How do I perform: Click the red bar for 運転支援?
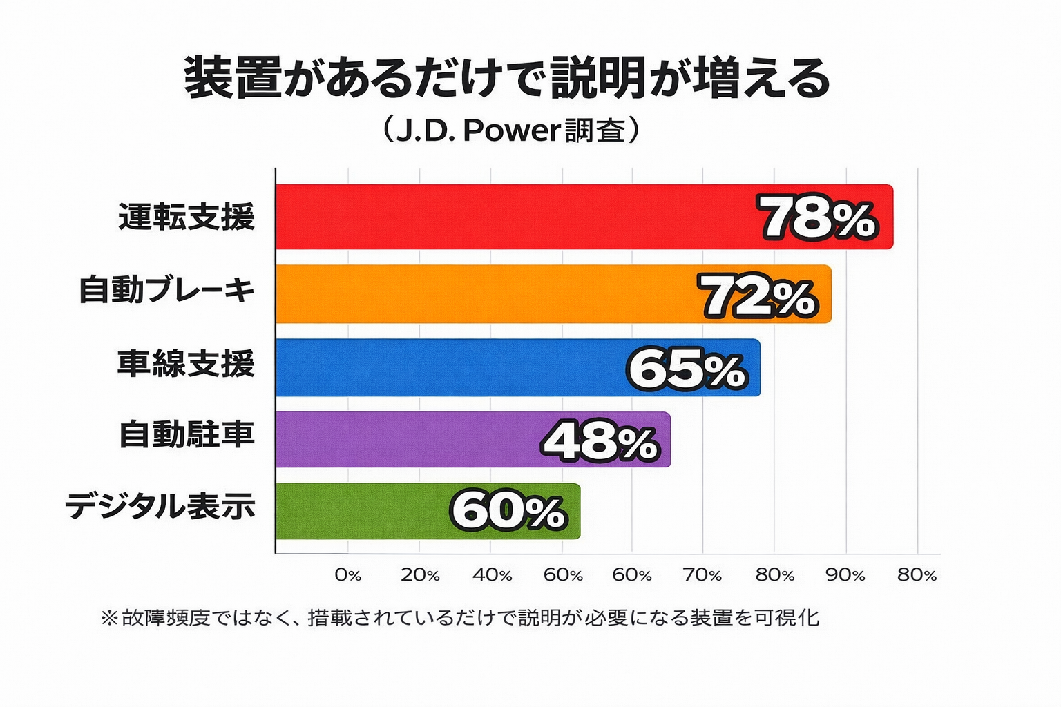511,217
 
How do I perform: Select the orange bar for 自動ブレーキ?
484,294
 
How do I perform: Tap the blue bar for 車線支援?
449,367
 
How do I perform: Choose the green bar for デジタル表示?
359,512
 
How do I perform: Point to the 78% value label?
819,217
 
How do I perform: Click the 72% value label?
759,296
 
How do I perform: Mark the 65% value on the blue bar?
687,369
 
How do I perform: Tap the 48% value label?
599,441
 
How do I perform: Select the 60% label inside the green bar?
508,512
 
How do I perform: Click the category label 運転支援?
187,217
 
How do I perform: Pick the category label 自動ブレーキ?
166,289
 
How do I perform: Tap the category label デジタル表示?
160,506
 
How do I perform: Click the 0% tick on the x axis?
348,575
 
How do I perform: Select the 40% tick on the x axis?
492,575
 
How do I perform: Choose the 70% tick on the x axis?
702,575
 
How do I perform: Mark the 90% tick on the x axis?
845,575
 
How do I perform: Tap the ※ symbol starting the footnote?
109,617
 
